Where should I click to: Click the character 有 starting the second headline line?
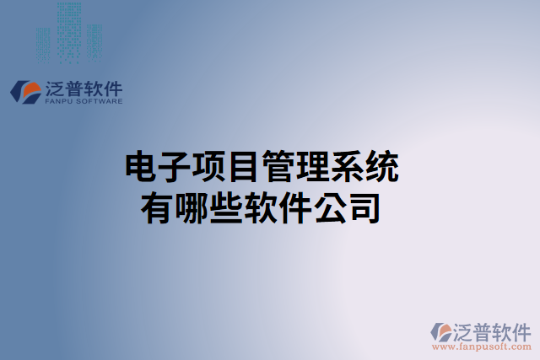tap(159, 207)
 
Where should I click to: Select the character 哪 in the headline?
tap(193, 207)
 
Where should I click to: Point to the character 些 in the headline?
tap(227, 207)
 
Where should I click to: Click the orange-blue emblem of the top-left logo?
tap(24, 92)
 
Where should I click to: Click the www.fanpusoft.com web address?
tap(482, 347)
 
